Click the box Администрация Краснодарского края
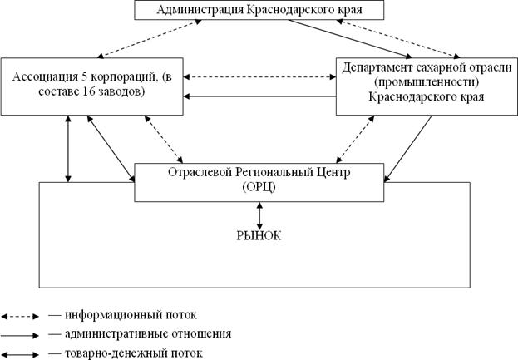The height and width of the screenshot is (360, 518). coord(259,10)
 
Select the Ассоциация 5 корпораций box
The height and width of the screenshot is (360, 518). coord(91,86)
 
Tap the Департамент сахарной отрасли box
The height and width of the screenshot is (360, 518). coord(427,86)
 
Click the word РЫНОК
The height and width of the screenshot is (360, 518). coord(259,236)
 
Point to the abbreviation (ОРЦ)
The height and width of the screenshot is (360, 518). coord(259,188)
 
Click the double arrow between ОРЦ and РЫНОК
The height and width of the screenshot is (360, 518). coord(259,216)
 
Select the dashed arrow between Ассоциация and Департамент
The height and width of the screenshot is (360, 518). coord(259,77)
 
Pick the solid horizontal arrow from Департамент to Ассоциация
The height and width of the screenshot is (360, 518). coord(259,96)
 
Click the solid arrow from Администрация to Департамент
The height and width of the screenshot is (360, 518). coord(350,38)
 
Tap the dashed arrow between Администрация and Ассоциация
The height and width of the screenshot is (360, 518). coord(150,39)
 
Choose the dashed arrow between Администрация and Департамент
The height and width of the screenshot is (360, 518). coord(398,39)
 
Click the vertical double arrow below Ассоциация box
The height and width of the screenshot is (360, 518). coord(68,149)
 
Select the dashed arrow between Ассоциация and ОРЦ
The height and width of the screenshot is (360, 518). coord(164,139)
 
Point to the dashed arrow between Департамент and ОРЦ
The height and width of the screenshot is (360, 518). coord(355,139)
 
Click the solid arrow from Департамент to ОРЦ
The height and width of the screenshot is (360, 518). coord(408,149)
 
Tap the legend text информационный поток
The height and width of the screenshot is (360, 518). coord(131,315)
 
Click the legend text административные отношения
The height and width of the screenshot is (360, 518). coord(148,334)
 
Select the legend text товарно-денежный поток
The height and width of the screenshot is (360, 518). coord(134,353)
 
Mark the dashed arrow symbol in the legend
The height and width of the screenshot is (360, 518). coord(20,317)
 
